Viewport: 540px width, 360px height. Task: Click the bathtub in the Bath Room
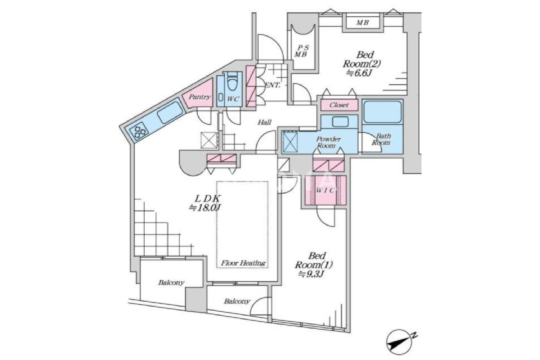click(x=383, y=111)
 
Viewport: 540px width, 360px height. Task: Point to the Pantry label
click(x=199, y=97)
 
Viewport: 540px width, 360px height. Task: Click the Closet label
click(x=339, y=105)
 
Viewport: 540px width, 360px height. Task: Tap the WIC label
click(x=325, y=190)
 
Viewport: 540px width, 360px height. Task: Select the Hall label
click(x=265, y=122)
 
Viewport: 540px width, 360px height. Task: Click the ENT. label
click(x=273, y=85)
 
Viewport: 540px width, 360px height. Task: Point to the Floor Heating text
click(x=243, y=263)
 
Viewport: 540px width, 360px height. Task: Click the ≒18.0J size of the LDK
click(x=205, y=208)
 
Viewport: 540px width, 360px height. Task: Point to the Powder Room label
click(x=328, y=142)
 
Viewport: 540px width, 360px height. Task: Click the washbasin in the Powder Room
click(x=340, y=122)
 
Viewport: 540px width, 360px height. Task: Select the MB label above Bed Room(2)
click(x=363, y=23)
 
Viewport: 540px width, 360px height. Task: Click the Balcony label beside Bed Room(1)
click(x=237, y=301)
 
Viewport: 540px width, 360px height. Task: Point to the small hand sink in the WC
click(x=220, y=98)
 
